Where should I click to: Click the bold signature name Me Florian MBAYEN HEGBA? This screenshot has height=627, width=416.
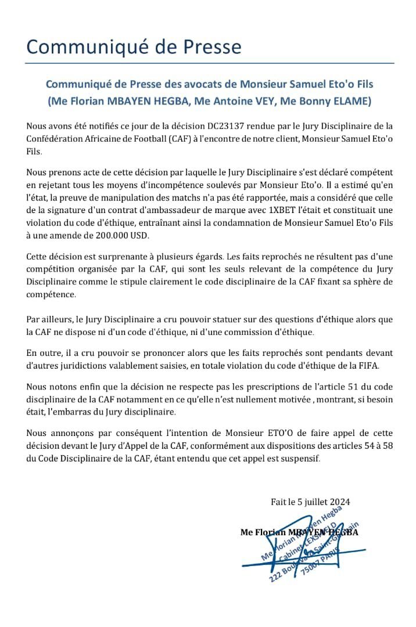click(299, 532)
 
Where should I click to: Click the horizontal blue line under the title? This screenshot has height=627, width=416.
click(209, 63)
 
